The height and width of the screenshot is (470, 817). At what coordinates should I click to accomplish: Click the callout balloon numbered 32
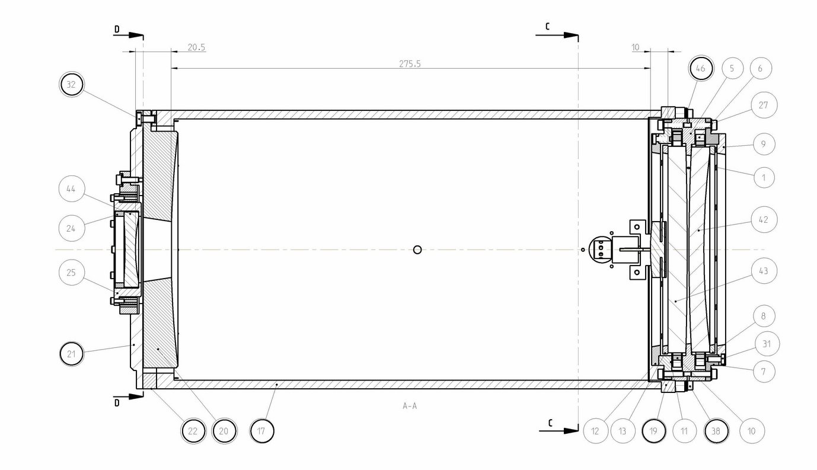(x=71, y=85)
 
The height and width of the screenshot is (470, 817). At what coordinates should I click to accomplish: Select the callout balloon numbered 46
(x=700, y=69)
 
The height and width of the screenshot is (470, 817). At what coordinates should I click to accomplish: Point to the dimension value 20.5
(x=196, y=47)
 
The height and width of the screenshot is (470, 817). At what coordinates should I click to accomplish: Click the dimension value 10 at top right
(x=636, y=47)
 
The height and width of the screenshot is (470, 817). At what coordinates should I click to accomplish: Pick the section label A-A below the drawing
(x=409, y=406)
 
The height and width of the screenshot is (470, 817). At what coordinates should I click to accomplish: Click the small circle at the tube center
(x=417, y=250)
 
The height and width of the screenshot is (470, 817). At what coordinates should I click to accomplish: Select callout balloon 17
(x=261, y=431)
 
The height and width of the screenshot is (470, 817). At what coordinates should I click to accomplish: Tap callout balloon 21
(x=72, y=354)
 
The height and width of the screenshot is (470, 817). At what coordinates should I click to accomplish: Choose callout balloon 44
(x=71, y=190)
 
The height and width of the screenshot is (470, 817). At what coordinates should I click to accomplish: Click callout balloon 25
(x=71, y=273)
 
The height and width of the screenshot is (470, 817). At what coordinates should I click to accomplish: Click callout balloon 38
(x=716, y=431)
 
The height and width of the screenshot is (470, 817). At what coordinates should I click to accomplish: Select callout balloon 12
(x=595, y=431)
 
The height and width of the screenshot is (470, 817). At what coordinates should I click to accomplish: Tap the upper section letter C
(x=548, y=27)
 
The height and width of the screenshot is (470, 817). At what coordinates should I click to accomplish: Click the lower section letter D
(x=117, y=403)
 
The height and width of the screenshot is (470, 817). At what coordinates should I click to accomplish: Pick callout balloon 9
(x=764, y=144)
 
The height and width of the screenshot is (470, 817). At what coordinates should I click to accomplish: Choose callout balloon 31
(x=768, y=343)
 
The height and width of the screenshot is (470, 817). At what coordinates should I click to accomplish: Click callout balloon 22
(x=193, y=431)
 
